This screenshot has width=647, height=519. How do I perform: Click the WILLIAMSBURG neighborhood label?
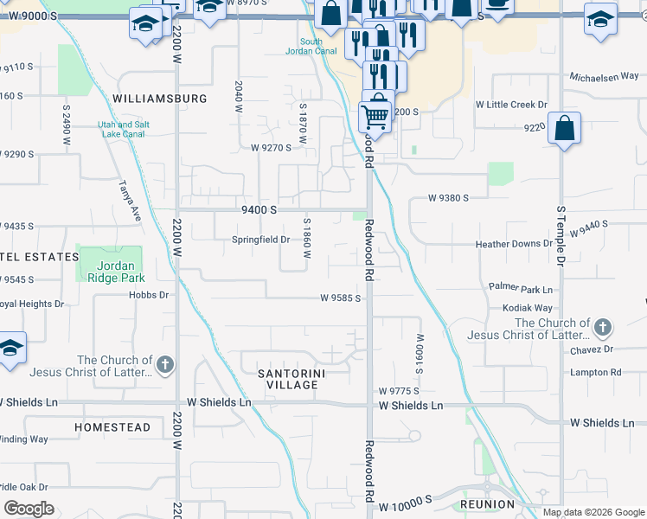160,99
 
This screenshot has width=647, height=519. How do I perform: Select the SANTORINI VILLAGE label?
294,379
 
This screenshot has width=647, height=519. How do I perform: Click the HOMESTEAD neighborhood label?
112,427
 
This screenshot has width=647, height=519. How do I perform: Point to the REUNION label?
488,503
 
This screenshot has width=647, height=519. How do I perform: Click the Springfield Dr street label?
260,240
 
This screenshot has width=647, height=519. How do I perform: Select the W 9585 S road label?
340,298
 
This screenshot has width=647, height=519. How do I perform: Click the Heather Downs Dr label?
514,244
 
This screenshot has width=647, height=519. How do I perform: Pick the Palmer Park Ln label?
520,288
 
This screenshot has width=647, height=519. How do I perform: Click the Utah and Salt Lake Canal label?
123,129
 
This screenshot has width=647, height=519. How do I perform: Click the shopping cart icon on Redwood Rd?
375,114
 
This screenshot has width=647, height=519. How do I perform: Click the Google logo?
29,508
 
